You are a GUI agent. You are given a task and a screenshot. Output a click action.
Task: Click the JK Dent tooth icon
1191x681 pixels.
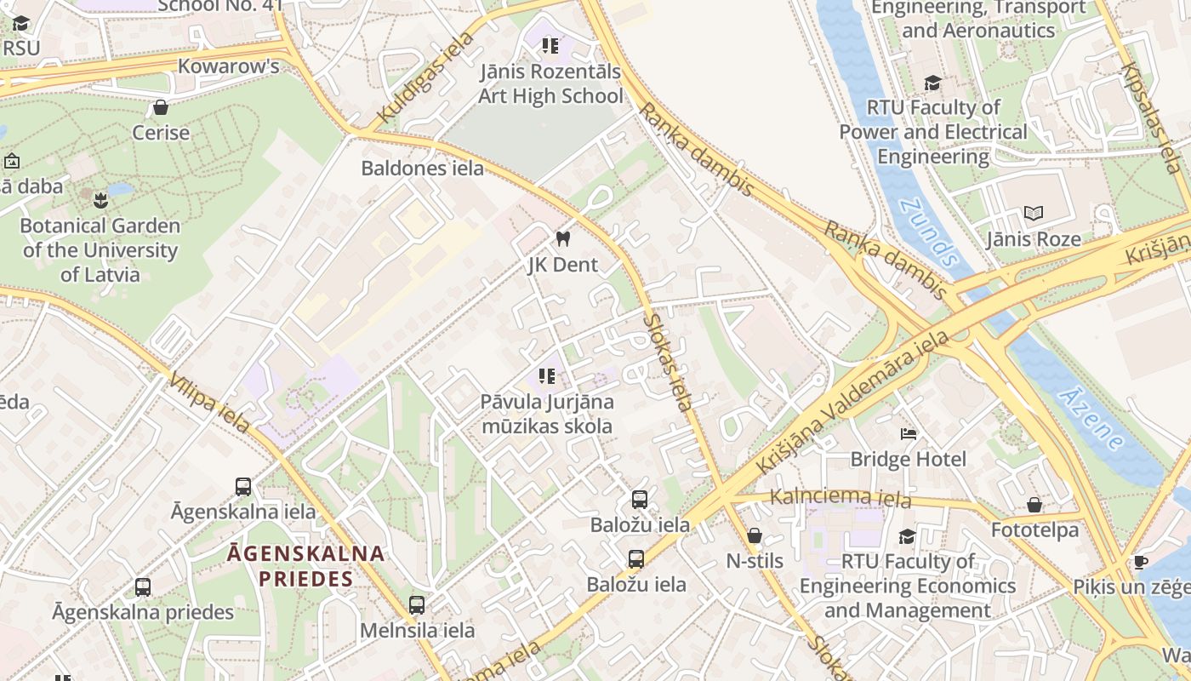[x=561, y=239]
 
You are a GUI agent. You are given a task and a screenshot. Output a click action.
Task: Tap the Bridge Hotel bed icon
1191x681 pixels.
[x=909, y=434]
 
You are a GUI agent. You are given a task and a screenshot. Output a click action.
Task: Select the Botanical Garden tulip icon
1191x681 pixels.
[x=100, y=201]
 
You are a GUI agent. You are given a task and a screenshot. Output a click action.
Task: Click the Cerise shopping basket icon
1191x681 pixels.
[x=160, y=107]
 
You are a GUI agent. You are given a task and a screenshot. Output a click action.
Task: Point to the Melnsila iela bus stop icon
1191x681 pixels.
[x=416, y=605]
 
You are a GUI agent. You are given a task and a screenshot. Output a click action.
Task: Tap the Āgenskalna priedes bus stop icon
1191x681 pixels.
[x=143, y=587]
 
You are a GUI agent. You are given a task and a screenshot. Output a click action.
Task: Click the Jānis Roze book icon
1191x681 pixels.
[x=1034, y=214]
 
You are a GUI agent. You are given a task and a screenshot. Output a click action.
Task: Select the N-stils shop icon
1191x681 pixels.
[x=754, y=535]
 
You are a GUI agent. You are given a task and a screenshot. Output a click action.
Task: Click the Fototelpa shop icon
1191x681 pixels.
[x=1034, y=505]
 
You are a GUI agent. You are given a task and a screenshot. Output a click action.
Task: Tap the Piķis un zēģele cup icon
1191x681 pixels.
[x=1140, y=562]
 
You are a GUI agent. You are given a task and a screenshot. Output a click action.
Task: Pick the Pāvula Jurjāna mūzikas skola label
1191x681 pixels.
[x=547, y=414]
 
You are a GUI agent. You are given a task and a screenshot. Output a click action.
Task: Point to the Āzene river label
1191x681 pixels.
[x=1091, y=418]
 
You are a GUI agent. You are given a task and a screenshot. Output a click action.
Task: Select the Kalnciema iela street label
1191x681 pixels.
[x=840, y=497]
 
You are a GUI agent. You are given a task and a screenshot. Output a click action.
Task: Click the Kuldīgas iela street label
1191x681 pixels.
[x=424, y=77]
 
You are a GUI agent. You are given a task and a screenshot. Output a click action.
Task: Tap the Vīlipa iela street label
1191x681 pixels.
[x=209, y=402]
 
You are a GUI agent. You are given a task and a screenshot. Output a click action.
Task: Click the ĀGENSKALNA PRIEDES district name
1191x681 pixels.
[x=305, y=566]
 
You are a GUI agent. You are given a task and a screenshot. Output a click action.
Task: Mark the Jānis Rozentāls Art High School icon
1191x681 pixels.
[x=550, y=45]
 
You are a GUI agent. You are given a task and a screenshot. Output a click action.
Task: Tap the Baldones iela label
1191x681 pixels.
[x=422, y=168]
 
